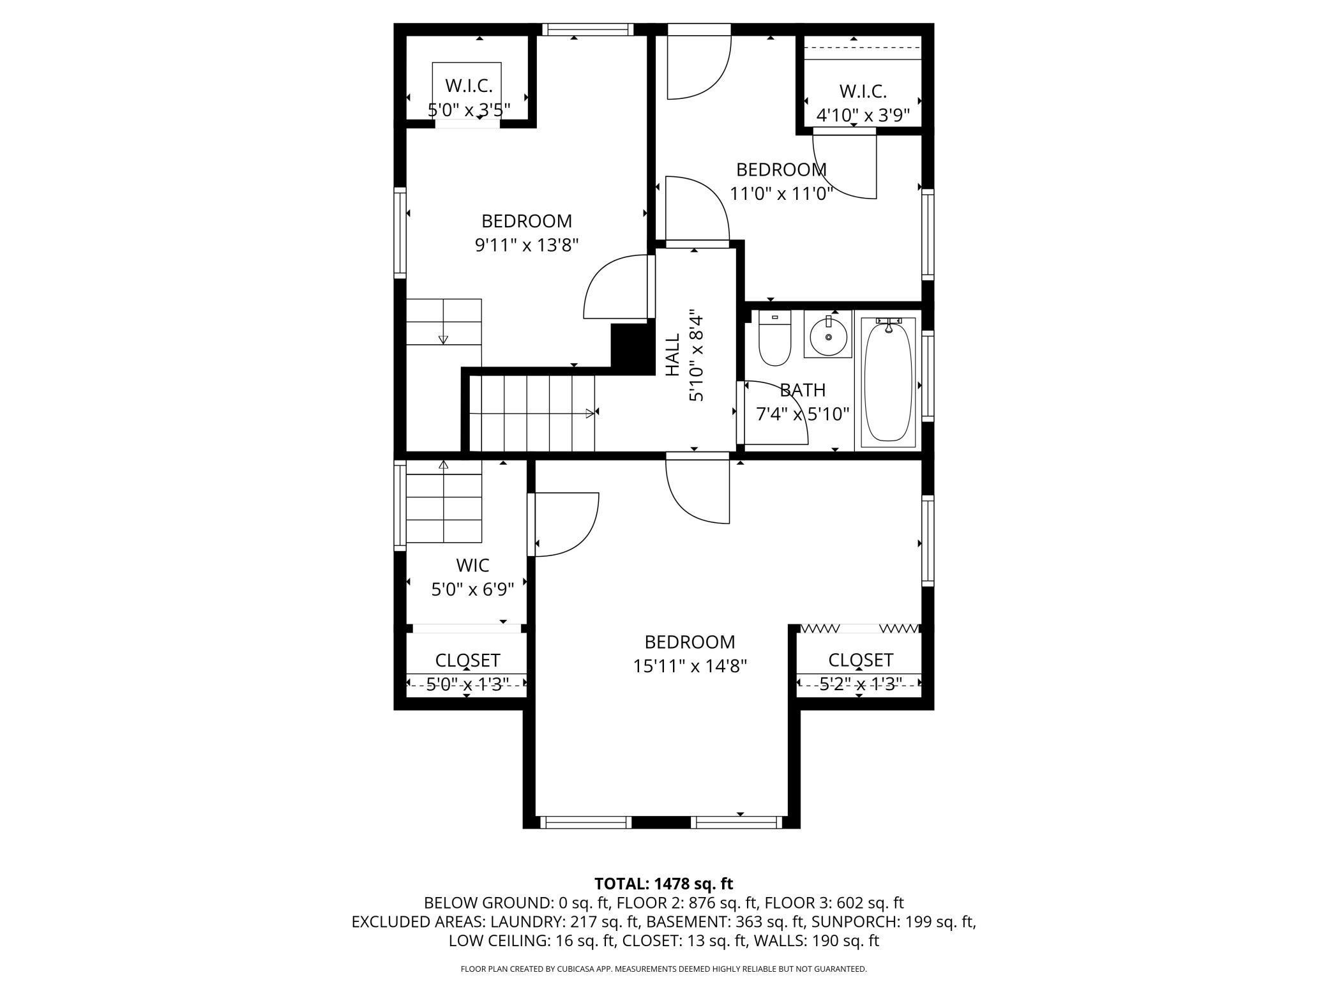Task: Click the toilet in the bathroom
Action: [774, 338]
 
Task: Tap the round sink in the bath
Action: [828, 335]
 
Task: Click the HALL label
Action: [672, 355]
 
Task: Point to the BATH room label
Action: [803, 390]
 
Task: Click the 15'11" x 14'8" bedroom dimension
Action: [690, 667]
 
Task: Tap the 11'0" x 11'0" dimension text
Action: [781, 193]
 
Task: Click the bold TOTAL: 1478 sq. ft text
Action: [664, 884]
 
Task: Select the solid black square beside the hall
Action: [630, 345]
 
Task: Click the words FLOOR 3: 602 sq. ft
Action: [834, 903]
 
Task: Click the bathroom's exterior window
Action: [928, 375]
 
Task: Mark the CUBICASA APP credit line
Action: [664, 969]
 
